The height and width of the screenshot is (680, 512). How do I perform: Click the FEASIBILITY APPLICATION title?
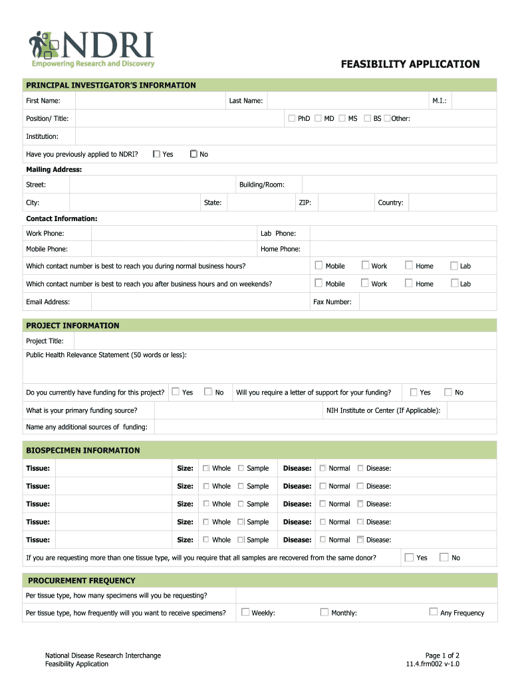pos(410,64)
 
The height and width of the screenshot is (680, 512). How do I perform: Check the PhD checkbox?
pos(291,118)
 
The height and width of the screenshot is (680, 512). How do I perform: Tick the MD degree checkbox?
pos(319,118)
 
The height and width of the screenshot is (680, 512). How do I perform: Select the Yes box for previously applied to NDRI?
pos(156,154)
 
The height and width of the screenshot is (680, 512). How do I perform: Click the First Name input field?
pos(150,101)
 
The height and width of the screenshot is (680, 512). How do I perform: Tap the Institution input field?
pos(286,136)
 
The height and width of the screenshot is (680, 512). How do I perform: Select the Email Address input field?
pos(199,301)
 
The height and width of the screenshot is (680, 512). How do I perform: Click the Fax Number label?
pos(332,301)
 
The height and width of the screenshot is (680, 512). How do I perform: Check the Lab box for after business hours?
pos(455,284)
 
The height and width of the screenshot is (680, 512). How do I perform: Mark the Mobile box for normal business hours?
pos(319,266)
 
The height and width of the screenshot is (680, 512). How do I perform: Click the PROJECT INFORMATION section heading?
pos(72,325)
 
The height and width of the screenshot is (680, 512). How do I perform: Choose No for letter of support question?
pos(448,392)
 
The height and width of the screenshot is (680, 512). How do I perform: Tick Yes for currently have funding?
pos(176,392)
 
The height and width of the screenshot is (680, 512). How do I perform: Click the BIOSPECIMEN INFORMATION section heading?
pos(82,450)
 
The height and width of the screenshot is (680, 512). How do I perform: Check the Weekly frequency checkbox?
pos(245,612)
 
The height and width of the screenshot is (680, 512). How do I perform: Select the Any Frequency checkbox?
pos(434,612)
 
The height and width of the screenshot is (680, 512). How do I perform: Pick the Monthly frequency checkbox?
pos(324,612)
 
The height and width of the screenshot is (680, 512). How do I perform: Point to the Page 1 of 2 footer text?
pos(442,655)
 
